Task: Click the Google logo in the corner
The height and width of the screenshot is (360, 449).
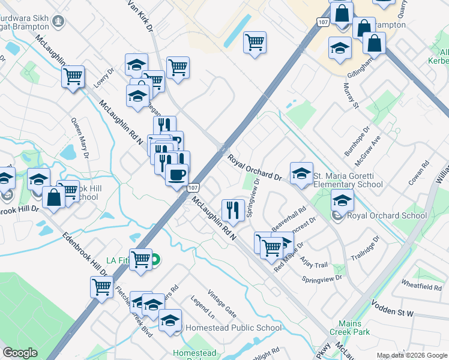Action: [20, 353]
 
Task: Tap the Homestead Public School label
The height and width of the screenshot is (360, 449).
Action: [233, 328]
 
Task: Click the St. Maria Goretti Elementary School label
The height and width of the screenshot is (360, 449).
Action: [348, 180]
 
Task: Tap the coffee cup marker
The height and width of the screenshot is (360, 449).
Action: [176, 175]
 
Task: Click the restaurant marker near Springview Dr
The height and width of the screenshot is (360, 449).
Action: [232, 209]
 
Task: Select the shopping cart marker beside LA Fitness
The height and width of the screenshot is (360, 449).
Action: [140, 260]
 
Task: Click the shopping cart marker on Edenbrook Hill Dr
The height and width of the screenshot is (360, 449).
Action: [101, 287]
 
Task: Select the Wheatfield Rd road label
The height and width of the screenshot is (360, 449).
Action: [421, 284]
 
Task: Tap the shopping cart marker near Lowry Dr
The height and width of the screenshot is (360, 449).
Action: [73, 76]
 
